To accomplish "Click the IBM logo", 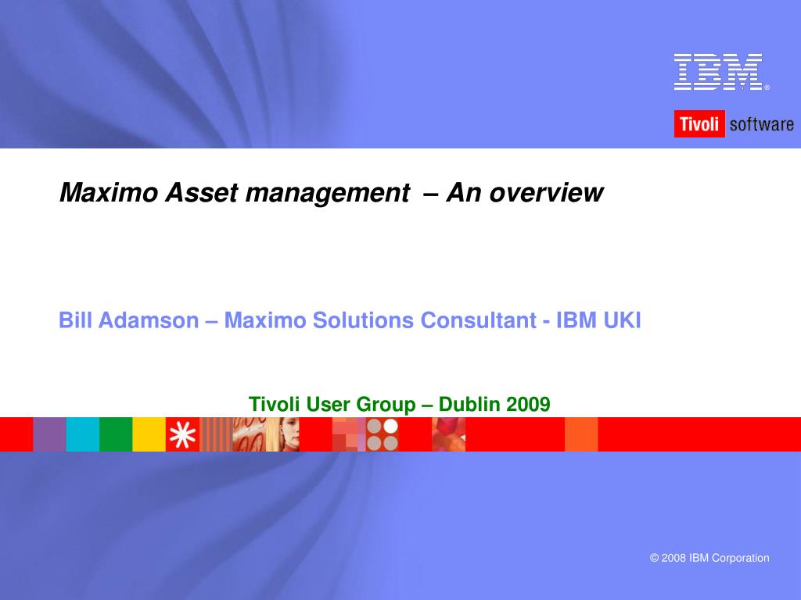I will coord(719,72).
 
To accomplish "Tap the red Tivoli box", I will coord(699,124).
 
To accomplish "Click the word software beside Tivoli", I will coord(761,124).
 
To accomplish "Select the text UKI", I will coord(622,320).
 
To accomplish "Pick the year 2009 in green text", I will coord(528,404).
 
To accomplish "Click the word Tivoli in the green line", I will coord(275,404).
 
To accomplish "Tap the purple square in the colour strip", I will coord(49,434).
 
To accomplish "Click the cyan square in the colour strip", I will coord(82,434).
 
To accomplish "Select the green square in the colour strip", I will coord(116,434).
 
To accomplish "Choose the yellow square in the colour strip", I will coord(149,434).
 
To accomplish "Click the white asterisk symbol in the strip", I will coord(182,434).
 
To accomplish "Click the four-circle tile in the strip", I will coord(383,434).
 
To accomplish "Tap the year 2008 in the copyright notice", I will coord(673,558).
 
